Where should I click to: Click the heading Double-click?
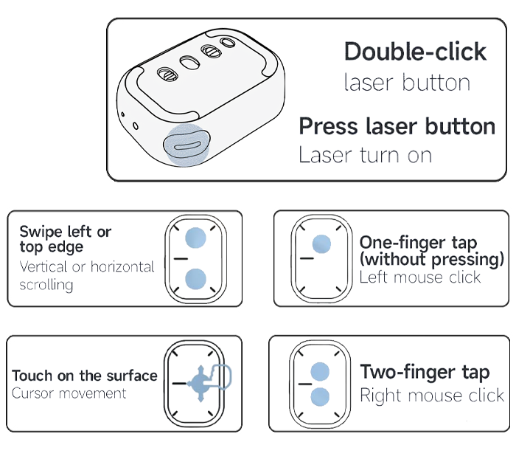point(415,52)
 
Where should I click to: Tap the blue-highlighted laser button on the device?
point(186,145)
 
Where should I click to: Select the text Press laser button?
point(397,126)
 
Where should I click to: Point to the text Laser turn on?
point(365,155)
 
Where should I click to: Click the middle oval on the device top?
point(189,62)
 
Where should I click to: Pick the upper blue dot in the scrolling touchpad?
point(195,238)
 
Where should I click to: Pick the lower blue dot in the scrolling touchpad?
point(195,279)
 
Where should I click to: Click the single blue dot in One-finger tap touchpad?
point(321,244)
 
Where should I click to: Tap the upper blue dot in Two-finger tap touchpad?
point(320,372)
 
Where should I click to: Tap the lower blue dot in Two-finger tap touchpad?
point(320,396)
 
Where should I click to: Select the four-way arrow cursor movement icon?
point(201,384)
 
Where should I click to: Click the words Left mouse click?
point(420,277)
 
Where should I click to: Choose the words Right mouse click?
point(432,395)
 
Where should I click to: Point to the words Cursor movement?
point(69,393)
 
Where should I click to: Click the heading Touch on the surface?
point(85,376)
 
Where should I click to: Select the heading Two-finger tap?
point(425,373)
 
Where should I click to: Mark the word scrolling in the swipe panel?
point(46,285)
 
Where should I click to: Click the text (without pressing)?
point(432,259)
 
